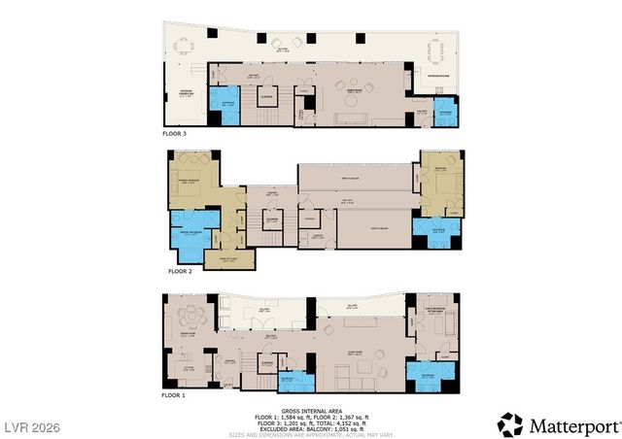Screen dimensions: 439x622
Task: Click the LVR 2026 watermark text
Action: [32, 426]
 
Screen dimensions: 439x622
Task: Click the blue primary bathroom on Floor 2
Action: [183, 238]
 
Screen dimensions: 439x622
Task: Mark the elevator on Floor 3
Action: [265, 98]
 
